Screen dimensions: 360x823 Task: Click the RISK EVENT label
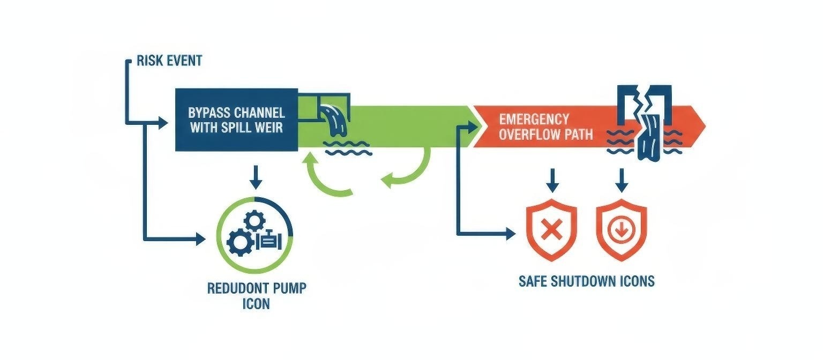pos(169,61)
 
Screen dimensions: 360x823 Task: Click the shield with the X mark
pos(552,232)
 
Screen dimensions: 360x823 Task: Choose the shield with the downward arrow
pos(622,231)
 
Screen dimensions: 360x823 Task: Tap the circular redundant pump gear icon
pos(255,236)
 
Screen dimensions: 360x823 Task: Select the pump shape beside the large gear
pos(268,241)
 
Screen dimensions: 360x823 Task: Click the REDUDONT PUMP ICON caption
pos(257,296)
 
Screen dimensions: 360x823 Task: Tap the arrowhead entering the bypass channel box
pos(163,124)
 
